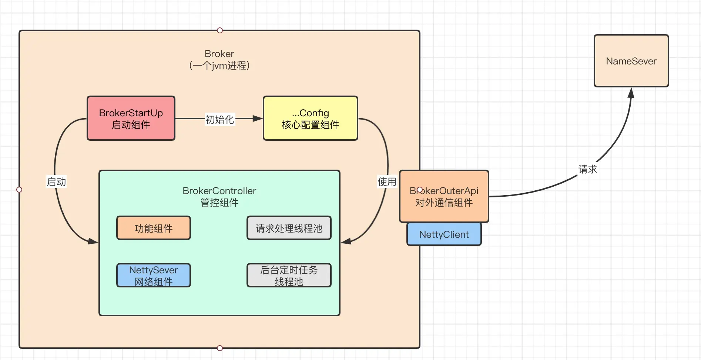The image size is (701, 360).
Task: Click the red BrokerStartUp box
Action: click(x=131, y=119)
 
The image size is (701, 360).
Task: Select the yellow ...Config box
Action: click(x=310, y=119)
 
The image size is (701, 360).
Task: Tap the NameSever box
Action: click(x=631, y=61)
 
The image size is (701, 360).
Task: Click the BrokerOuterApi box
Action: click(x=444, y=196)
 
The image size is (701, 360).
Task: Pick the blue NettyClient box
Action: click(x=444, y=234)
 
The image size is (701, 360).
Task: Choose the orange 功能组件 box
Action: click(x=153, y=228)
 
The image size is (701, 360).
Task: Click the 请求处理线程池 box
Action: click(x=289, y=228)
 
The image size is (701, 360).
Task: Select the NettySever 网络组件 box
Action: click(x=153, y=276)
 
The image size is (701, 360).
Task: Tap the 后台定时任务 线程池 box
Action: click(x=289, y=276)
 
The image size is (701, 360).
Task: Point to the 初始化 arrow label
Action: click(x=219, y=119)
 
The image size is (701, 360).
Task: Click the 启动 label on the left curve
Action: click(x=56, y=182)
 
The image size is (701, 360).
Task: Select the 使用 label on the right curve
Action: click(x=387, y=182)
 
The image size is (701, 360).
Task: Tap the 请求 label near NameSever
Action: click(x=587, y=169)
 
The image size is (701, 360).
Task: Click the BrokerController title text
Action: click(x=219, y=191)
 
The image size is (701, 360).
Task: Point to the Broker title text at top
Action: click(x=219, y=54)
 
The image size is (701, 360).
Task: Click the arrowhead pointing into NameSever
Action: click(x=631, y=93)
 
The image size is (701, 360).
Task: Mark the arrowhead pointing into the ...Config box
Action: click(x=257, y=119)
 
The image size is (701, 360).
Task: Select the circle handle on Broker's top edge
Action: click(x=220, y=30)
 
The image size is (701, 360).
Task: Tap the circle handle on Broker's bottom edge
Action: click(x=220, y=348)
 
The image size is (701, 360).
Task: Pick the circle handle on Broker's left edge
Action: click(x=19, y=190)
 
